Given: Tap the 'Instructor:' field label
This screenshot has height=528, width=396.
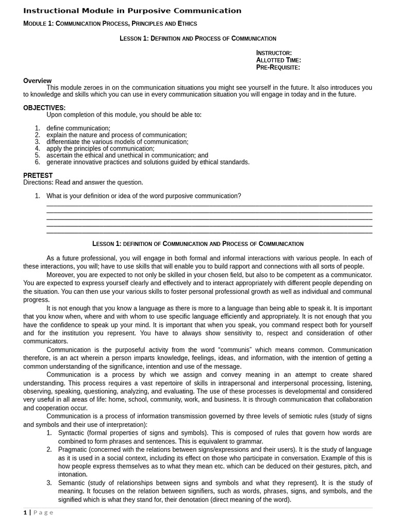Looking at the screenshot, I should click(x=274, y=53).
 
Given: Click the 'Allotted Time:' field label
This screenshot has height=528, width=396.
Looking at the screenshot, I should click(x=278, y=60).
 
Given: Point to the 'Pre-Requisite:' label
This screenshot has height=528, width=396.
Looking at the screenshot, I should click(x=278, y=67).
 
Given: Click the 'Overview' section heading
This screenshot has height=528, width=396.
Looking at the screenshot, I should click(x=37, y=80).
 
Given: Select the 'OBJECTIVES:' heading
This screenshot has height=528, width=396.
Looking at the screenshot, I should click(x=44, y=108).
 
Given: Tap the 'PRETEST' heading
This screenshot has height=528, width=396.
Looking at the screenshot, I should click(x=38, y=175).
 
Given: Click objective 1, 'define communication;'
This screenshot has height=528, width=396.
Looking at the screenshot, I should click(x=78, y=128).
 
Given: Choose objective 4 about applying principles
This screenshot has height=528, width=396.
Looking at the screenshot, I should click(x=100, y=148).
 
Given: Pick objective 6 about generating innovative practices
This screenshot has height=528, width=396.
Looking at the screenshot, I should click(x=147, y=162).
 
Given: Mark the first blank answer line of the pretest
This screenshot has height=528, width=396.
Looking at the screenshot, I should click(x=209, y=205).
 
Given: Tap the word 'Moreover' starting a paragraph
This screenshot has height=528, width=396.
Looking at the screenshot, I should click(x=62, y=275).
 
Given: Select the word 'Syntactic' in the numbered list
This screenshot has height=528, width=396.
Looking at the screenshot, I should click(x=73, y=433).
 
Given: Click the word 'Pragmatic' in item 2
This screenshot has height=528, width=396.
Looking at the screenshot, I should click(x=73, y=450).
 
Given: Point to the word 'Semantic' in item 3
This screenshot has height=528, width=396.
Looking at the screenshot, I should click(x=72, y=483).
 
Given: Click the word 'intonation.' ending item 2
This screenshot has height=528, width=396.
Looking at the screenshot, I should click(x=73, y=474).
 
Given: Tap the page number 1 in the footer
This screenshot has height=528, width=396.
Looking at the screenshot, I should click(x=25, y=513).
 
